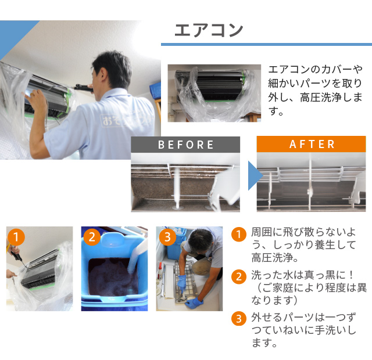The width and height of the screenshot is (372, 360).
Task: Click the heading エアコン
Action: pos(209,30)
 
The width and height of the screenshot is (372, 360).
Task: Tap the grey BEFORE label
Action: pos(185,145)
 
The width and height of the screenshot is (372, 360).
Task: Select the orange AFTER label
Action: pos(312,144)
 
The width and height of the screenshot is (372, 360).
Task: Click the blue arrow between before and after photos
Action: pos(255,175)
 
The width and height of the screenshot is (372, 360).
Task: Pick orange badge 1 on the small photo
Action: pos(16,237)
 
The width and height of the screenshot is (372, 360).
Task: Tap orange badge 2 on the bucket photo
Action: pos(92,237)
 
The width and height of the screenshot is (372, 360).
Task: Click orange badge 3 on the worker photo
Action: pos(167,237)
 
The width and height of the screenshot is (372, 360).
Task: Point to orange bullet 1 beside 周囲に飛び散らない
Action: pos(239,235)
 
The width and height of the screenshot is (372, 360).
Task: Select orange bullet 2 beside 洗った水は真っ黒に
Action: pos(239,276)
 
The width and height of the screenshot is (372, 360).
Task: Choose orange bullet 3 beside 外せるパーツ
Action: pos(239,319)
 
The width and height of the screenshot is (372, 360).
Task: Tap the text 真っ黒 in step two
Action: pos(319,275)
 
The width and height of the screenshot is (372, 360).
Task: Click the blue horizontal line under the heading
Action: pos(266,44)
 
